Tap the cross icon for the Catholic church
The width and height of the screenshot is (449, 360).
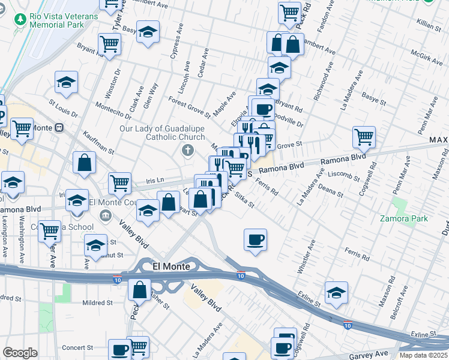[188, 150]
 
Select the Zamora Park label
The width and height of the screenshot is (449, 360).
[404, 218]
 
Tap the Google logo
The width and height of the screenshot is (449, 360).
[20, 353]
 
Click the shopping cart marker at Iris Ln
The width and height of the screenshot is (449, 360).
[119, 183]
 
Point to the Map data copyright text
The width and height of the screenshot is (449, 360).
[423, 355]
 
